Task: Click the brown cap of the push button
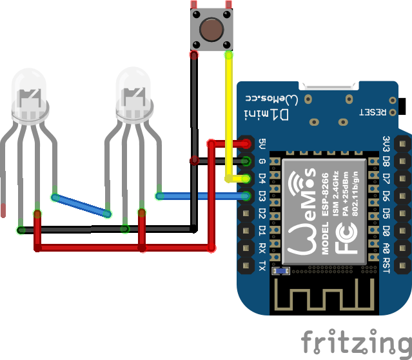[x=211, y=29]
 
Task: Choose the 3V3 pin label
[x=386, y=143]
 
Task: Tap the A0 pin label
[x=386, y=248]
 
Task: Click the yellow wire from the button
[x=229, y=116]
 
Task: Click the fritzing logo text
[x=357, y=341]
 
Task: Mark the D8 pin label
[x=386, y=161]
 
